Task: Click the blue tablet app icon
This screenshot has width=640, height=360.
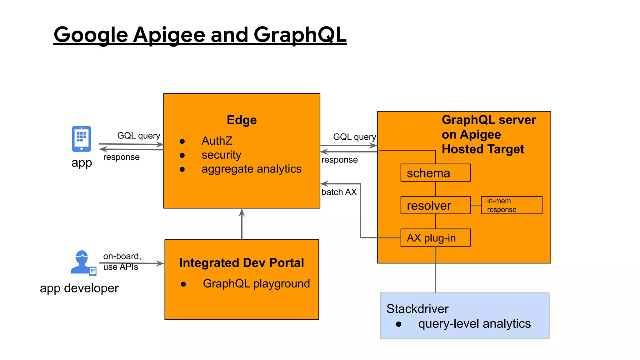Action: click(81, 139)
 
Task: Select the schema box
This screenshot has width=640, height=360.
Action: click(435, 173)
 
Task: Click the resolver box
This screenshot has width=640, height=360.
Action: click(435, 205)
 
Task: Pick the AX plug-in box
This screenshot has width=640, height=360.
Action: click(435, 238)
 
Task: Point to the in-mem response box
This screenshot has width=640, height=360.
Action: click(511, 205)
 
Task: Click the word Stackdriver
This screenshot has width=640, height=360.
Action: click(417, 309)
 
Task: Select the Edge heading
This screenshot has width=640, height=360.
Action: click(242, 120)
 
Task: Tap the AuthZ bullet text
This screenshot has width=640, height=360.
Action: click(217, 141)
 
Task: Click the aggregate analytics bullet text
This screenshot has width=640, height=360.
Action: click(251, 169)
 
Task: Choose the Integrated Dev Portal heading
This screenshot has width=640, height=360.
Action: click(242, 263)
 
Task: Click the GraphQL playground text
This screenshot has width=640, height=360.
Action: click(256, 283)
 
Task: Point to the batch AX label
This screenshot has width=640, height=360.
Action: click(339, 192)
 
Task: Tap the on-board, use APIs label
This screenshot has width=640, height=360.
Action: click(122, 261)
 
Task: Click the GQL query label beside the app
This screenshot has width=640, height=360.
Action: click(138, 136)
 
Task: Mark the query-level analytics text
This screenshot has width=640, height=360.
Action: click(474, 324)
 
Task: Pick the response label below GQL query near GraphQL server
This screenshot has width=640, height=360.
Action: click(339, 160)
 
